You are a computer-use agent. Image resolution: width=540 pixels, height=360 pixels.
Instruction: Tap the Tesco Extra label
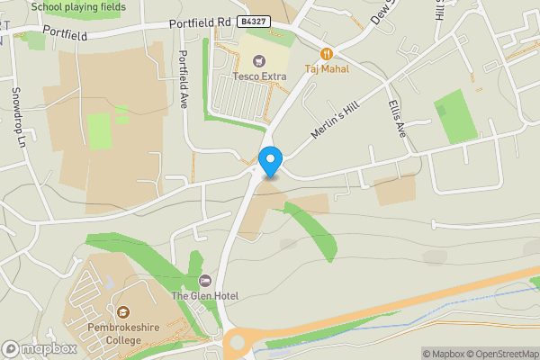[259, 76]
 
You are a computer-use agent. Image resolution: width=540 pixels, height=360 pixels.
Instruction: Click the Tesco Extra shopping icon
[259, 61]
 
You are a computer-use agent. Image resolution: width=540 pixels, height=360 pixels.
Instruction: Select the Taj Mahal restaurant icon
[326, 54]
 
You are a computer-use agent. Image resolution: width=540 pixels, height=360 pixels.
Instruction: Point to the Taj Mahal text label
[326, 68]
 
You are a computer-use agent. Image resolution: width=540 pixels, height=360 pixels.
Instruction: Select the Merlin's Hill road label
[334, 117]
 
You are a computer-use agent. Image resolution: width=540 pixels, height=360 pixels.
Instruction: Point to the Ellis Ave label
[397, 118]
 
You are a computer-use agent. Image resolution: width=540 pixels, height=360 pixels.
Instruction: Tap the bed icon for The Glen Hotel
[204, 282]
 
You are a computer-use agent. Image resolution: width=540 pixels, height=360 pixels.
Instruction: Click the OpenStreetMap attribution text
[503, 354]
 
